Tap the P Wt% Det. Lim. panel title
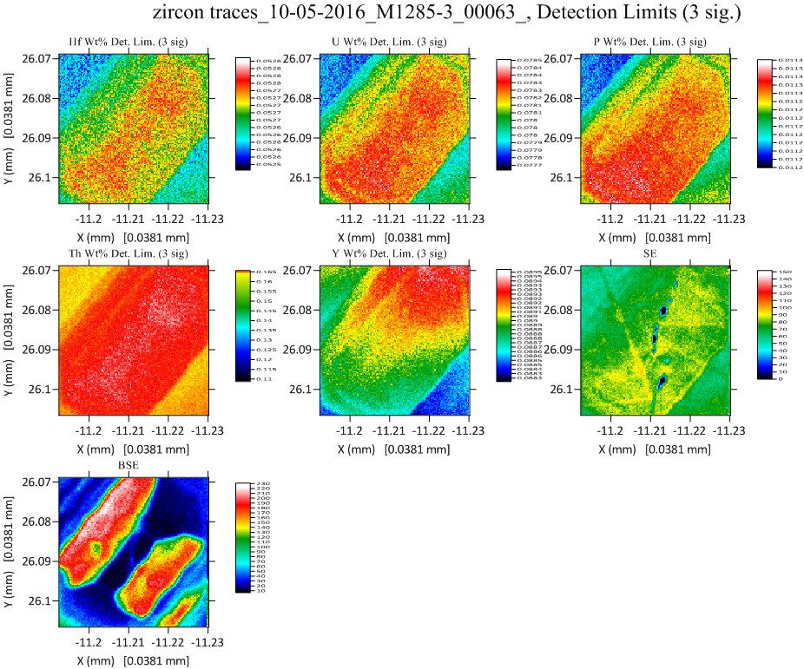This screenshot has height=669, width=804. click(653, 43)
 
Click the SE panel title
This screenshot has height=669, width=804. click(654, 254)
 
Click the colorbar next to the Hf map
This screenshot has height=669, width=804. click(244, 113)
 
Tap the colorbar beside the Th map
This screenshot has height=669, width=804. click(244, 325)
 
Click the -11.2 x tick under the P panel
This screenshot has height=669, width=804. click(611, 220)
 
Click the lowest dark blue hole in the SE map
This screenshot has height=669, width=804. click(662, 380)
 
